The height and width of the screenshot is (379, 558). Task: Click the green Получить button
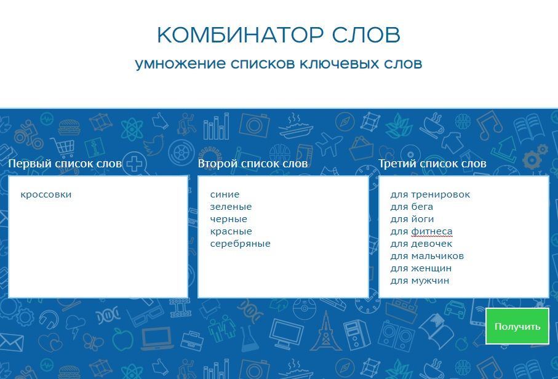(x=517, y=326)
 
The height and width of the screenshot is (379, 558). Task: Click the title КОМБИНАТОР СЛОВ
(x=279, y=35)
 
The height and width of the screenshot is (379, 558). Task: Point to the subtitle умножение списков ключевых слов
(x=279, y=64)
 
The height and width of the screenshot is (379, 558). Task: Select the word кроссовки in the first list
(x=46, y=194)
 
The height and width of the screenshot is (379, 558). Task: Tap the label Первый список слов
(x=65, y=164)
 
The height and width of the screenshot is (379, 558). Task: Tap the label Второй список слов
(x=253, y=164)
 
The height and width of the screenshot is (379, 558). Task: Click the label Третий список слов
(x=432, y=164)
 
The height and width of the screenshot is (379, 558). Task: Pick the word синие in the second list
(x=225, y=194)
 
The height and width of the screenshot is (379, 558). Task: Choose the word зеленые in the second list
(x=231, y=207)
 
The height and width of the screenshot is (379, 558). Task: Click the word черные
(x=228, y=219)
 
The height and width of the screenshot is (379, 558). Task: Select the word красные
(x=231, y=231)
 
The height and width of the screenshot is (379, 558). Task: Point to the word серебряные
(x=240, y=244)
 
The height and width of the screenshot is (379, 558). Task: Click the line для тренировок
(x=430, y=194)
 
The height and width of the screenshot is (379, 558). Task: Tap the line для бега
(x=412, y=207)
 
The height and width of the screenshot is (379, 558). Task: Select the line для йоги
(x=412, y=219)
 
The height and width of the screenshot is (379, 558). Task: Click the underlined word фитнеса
(x=432, y=232)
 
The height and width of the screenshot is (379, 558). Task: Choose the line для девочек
(x=421, y=244)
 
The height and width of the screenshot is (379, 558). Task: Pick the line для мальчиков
(x=427, y=256)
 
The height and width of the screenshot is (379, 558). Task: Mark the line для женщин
(x=421, y=268)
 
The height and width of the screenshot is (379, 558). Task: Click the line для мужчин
(x=420, y=281)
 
